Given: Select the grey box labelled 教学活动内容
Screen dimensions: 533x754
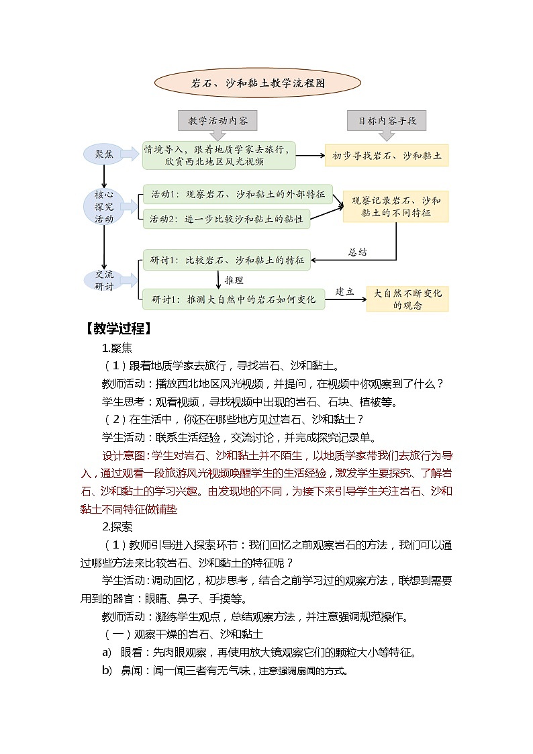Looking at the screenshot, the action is point(218,121).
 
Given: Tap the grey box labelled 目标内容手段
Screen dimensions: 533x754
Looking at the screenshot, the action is point(387,121).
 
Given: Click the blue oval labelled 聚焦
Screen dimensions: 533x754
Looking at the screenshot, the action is point(103,155).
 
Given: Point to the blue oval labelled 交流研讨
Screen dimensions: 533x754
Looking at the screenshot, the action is point(103,280).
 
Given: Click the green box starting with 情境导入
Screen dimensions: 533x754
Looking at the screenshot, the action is point(219,156).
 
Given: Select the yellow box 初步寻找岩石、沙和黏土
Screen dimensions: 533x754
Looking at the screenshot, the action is point(387,156).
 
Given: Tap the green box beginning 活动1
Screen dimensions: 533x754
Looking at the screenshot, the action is point(237,195).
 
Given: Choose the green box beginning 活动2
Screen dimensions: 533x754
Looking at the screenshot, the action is point(226,219).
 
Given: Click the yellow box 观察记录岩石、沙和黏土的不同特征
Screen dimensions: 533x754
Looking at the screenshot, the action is point(395,207).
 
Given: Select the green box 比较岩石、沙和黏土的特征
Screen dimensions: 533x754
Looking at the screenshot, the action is point(226,260).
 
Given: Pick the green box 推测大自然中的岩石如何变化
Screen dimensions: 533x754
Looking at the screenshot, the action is point(233,299).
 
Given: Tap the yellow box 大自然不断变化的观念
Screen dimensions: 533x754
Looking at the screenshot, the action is point(407,299).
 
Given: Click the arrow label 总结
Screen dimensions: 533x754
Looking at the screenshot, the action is point(357,252).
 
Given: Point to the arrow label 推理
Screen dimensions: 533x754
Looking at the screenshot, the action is point(234,280).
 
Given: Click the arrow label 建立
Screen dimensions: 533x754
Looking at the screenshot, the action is point(344,291).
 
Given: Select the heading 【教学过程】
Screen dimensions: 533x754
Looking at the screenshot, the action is point(117,329).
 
